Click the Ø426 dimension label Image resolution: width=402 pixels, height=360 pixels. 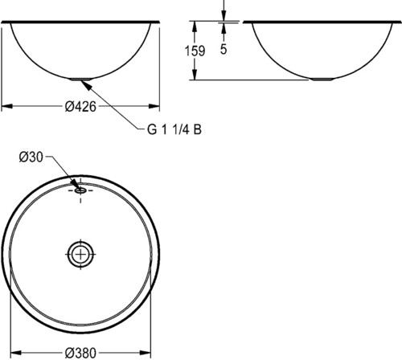80,107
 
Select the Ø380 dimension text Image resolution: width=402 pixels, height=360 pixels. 80,353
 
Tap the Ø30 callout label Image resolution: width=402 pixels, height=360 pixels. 31,157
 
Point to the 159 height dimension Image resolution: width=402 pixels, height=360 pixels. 195,51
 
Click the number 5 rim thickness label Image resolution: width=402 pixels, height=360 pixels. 224,49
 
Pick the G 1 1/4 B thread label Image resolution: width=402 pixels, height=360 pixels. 174,129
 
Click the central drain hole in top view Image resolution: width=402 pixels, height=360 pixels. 80,254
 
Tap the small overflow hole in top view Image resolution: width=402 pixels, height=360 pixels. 80,190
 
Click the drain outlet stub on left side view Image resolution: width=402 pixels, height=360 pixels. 80,79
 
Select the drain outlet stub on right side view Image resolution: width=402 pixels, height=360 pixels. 322,79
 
